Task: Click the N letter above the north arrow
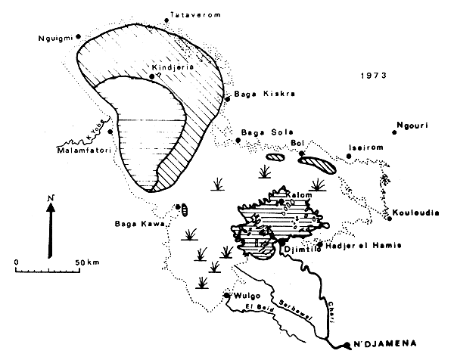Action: pos(51,198)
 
